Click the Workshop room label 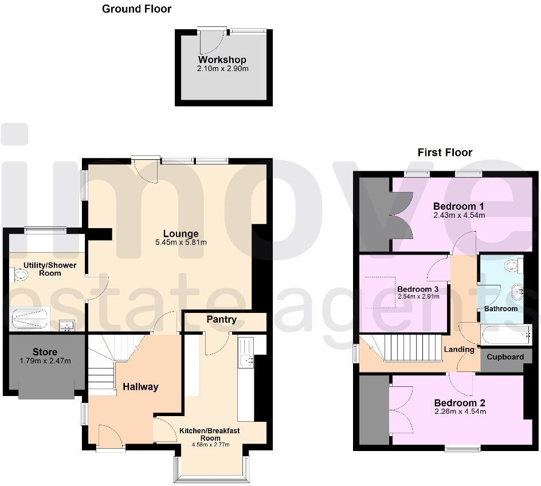(222, 60)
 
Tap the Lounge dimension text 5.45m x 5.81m (181, 242)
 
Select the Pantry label (222, 319)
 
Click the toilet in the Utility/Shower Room (21, 276)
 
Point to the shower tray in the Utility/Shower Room (30, 319)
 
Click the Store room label (45, 352)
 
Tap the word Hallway (140, 387)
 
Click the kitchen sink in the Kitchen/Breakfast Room (247, 359)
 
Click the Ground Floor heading (136, 9)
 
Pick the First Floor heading (445, 152)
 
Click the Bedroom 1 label (459, 206)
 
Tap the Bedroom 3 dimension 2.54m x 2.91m (418, 297)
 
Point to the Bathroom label (501, 309)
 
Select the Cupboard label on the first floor (505, 357)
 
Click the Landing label (459, 349)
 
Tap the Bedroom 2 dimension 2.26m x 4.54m (460, 411)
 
